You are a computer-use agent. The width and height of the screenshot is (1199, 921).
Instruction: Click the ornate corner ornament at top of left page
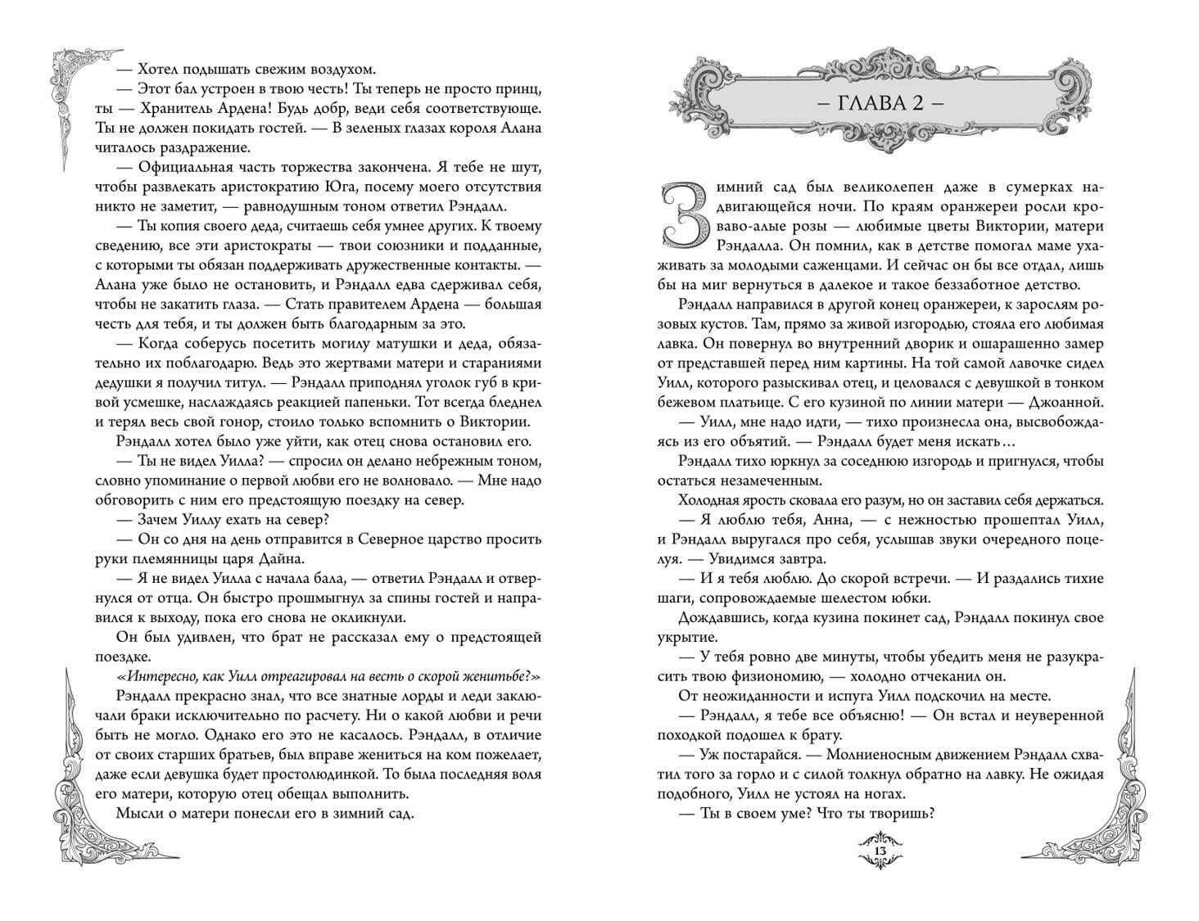coord(75,97)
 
